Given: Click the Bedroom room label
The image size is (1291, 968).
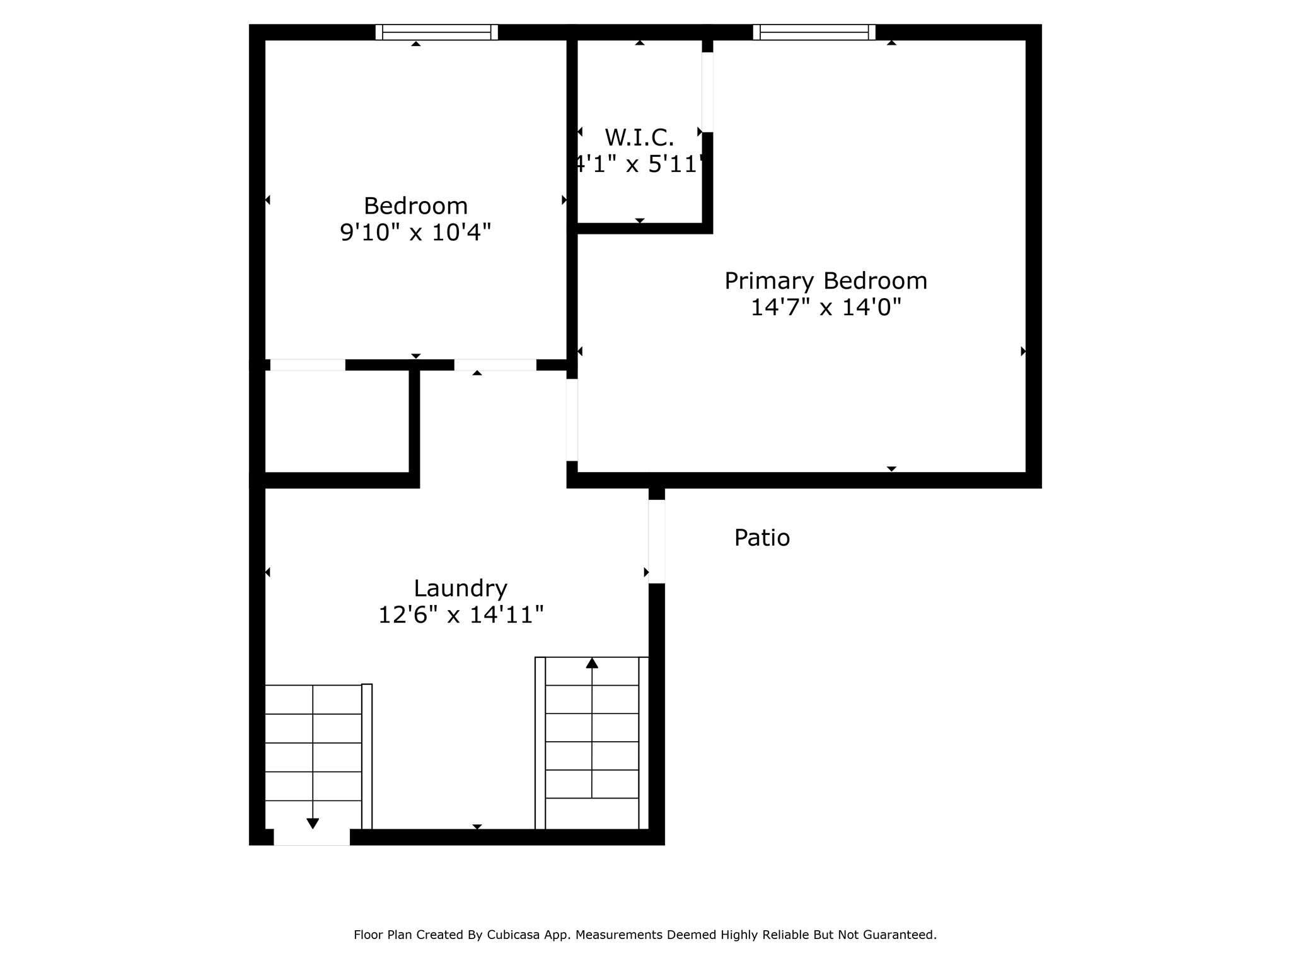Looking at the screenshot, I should (x=415, y=206).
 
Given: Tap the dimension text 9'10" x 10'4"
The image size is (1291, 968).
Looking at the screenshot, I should (x=415, y=233).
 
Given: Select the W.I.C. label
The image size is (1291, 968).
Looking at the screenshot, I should (x=639, y=137).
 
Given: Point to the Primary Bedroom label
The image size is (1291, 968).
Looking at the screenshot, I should (x=826, y=280).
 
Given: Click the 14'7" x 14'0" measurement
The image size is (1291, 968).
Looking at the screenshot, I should (x=826, y=307).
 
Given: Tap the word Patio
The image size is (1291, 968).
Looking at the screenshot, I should (x=761, y=538).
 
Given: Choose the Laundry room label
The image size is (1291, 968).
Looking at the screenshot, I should (x=460, y=588).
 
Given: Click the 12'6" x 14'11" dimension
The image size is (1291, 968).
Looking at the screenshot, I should (x=460, y=614).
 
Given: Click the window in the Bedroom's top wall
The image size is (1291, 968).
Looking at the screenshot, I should (x=436, y=32).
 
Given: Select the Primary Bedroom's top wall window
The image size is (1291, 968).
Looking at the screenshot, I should (x=814, y=32).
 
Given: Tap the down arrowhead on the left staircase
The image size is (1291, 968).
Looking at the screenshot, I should (x=313, y=823).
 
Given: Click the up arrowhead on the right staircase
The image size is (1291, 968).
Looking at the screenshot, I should (x=592, y=663).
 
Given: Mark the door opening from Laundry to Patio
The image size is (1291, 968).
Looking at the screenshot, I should (x=656, y=541).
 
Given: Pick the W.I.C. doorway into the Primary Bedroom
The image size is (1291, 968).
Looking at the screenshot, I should (x=707, y=92).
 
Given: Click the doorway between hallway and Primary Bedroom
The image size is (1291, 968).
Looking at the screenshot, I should (x=572, y=420).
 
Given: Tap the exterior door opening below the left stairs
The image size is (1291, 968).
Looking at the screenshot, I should (x=311, y=837).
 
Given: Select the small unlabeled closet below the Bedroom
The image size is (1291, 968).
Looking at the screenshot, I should (x=337, y=421).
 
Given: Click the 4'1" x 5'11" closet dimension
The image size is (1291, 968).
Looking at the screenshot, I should (x=639, y=164).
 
